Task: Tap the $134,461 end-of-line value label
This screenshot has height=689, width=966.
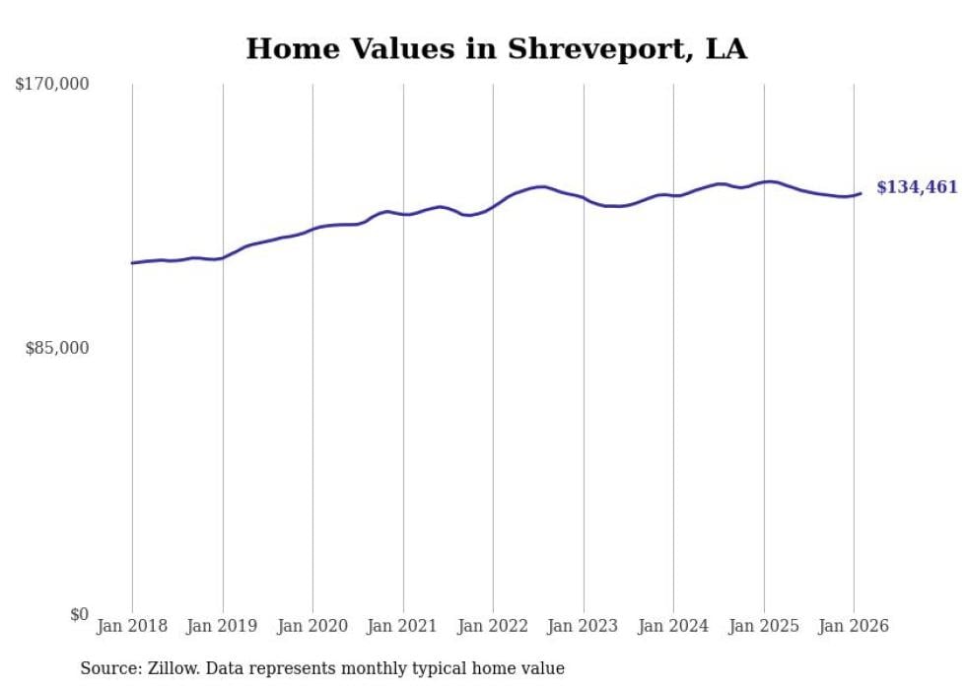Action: pos(917,187)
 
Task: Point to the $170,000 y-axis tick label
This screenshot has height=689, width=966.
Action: pos(52,85)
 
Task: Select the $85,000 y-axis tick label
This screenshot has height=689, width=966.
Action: pos(56,348)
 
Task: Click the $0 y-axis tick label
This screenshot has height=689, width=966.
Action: pos(79,614)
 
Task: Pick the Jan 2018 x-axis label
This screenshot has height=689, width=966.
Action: pos(132,626)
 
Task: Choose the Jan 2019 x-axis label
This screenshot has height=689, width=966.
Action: pos(223,626)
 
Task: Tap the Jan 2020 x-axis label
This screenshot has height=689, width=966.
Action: pos(312,626)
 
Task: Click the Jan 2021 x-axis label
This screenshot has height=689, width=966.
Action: pos(403,626)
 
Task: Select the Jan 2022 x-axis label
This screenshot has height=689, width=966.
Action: pos(493,626)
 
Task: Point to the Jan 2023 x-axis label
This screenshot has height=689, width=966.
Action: pos(584,626)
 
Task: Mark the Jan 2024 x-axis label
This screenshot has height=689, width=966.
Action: pos(673,626)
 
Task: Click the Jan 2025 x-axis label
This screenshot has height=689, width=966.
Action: pos(764,626)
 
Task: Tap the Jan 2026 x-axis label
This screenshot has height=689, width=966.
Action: pos(854,626)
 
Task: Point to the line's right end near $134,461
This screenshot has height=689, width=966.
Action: pos(861,193)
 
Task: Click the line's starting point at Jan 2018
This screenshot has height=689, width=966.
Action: pos(132,263)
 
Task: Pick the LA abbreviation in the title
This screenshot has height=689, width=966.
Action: pos(726,49)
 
